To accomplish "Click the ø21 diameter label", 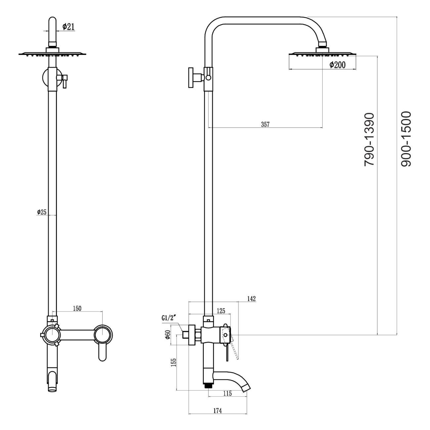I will pyautogui.click(x=68, y=27).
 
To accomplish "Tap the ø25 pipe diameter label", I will pyautogui.click(x=42, y=212).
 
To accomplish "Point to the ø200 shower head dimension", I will pyautogui.click(x=337, y=65).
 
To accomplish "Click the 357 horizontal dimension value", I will pyautogui.click(x=265, y=124).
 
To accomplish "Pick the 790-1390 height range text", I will pyautogui.click(x=369, y=139).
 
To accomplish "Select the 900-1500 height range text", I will pyautogui.click(x=406, y=139).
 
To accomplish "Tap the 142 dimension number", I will pyautogui.click(x=251, y=299).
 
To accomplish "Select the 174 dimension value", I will pyautogui.click(x=217, y=410).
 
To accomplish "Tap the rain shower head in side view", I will pyautogui.click(x=322, y=54).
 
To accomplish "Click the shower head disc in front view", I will pyautogui.click(x=53, y=54).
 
